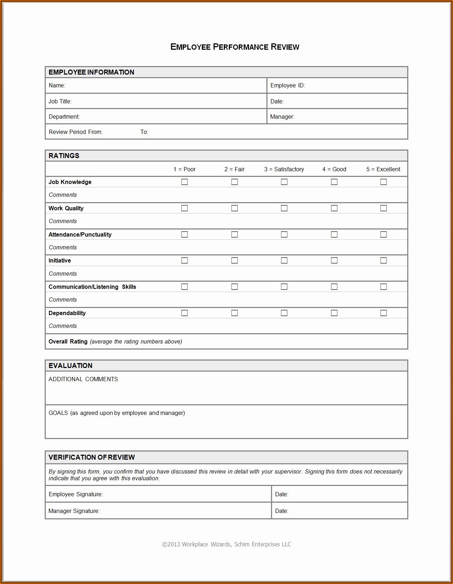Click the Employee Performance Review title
(234, 47)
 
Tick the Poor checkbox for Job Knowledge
(184, 182)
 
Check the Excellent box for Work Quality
(383, 208)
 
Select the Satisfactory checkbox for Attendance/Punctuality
(284, 234)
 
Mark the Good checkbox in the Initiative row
(334, 260)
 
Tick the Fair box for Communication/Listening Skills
(234, 287)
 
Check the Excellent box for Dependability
(383, 313)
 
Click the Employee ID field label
(287, 86)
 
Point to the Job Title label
(60, 102)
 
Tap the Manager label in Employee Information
(282, 117)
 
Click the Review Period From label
(76, 132)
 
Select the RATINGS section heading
(64, 156)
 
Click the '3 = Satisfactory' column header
(284, 169)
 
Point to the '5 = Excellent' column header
(383, 169)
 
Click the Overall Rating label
(68, 342)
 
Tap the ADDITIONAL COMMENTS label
(83, 379)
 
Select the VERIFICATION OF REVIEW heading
(92, 458)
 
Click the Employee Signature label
(76, 494)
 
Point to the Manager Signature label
(74, 511)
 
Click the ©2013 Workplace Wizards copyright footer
(226, 544)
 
